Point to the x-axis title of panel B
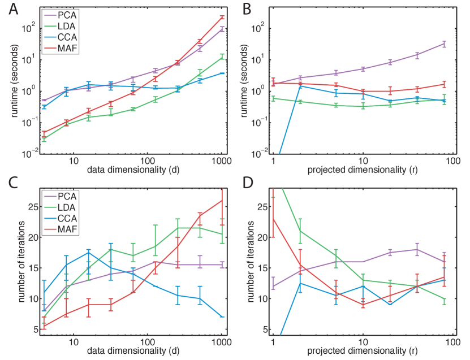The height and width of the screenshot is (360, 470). click(363, 170)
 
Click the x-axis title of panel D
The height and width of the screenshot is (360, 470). click(363, 352)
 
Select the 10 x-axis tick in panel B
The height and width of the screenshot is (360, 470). click(363, 161)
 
